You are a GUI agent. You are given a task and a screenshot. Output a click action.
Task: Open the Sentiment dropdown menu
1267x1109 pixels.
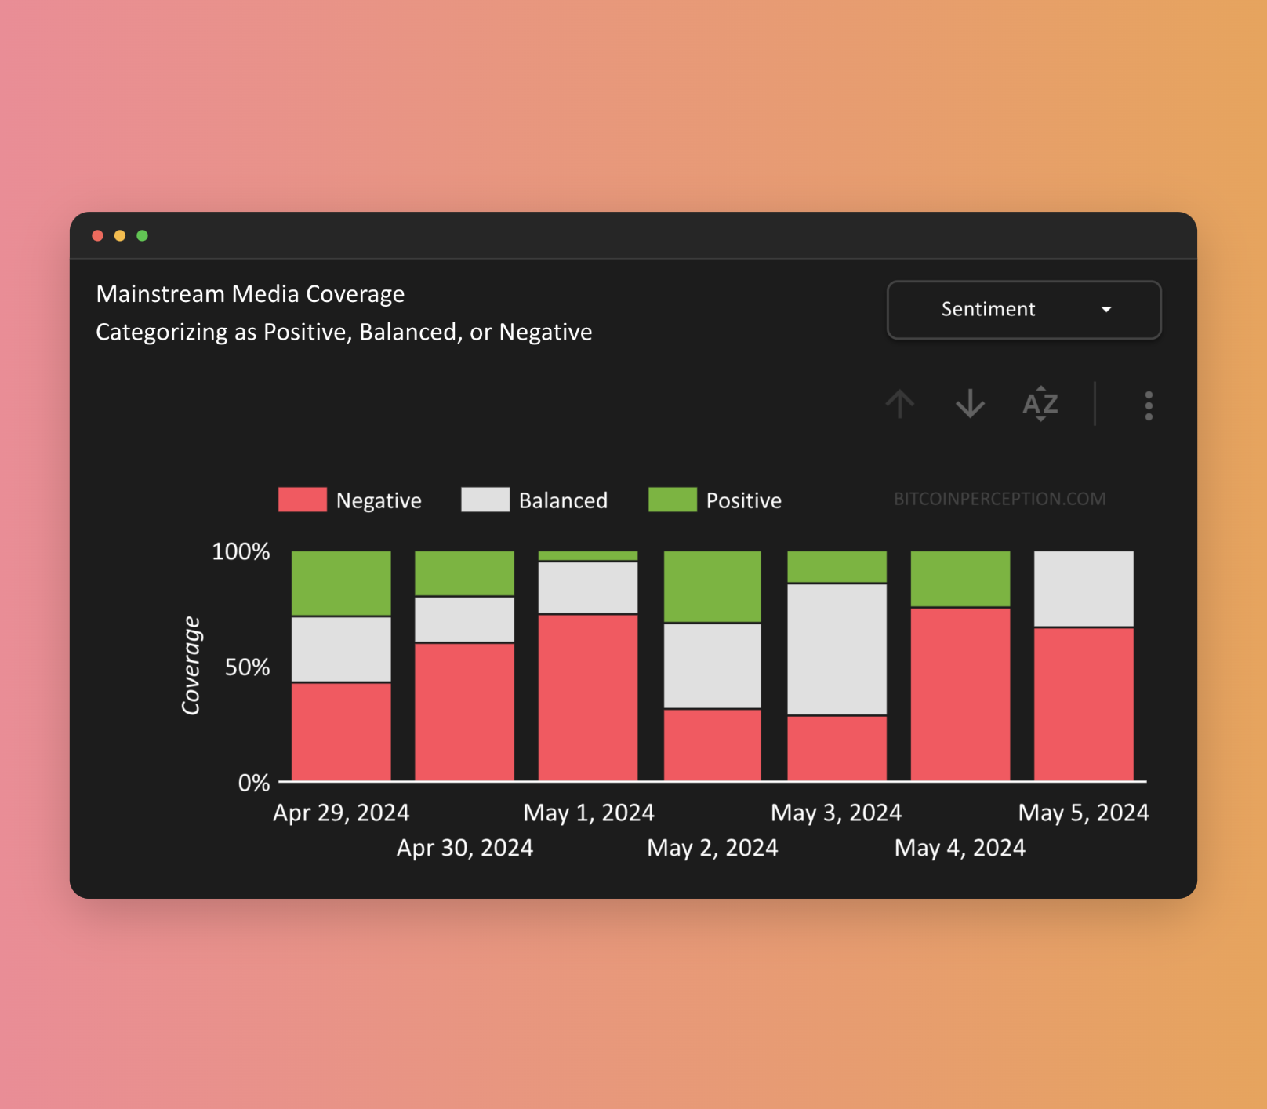click(x=1023, y=310)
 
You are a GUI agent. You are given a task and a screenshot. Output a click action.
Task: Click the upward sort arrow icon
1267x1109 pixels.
click(x=900, y=404)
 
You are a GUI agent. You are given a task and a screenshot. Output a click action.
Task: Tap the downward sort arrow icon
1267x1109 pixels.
click(x=970, y=404)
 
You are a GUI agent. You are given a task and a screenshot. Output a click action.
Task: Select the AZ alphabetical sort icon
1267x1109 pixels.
click(x=1040, y=404)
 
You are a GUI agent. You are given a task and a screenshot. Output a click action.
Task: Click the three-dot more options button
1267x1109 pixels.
click(x=1149, y=405)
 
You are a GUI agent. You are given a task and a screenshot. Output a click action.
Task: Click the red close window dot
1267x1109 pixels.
click(x=98, y=235)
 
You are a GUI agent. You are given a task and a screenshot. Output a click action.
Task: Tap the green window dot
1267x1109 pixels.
click(x=142, y=235)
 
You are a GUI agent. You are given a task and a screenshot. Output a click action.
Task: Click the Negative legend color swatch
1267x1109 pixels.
click(x=302, y=500)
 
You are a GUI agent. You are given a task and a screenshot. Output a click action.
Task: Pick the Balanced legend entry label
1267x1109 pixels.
click(x=563, y=500)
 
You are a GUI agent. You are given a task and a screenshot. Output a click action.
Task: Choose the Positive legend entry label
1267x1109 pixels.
click(x=743, y=500)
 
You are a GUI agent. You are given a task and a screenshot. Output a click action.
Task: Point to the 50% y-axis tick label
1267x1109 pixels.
click(x=247, y=667)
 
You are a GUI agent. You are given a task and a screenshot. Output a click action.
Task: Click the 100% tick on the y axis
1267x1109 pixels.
click(x=241, y=551)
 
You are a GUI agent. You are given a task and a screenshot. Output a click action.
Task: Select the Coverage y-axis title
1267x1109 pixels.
click(x=191, y=665)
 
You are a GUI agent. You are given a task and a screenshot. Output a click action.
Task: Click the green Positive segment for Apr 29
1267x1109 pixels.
click(x=341, y=583)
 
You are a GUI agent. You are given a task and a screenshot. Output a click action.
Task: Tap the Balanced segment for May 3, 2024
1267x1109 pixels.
click(x=837, y=649)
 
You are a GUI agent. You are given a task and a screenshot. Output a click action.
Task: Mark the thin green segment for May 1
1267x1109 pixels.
click(x=588, y=555)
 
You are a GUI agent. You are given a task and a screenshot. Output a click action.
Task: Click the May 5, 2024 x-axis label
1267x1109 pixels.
click(x=1083, y=813)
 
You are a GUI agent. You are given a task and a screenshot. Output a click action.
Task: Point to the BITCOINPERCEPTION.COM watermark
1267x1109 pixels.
click(x=1000, y=499)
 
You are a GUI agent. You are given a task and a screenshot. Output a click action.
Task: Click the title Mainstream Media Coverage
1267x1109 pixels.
click(x=250, y=294)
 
